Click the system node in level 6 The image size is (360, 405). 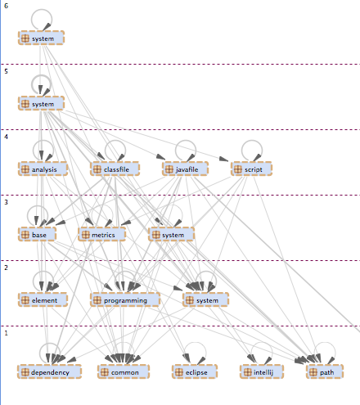tap(41, 38)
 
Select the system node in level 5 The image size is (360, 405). tap(41, 103)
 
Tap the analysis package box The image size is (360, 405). tap(43, 169)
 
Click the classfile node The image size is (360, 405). tap(115, 169)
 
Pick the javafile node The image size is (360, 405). tap(186, 169)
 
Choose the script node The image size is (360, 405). tap(251, 169)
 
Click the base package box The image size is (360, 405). tap(37, 234)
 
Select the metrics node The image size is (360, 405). tap(102, 234)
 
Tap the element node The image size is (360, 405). tap(43, 299)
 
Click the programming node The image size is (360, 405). tap(125, 299)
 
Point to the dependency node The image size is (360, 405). tap(49, 371)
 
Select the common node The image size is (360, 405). tap(124, 371)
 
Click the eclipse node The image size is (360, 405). tap(195, 371)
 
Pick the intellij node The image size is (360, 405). tap(262, 371)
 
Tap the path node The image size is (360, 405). tap(325, 371)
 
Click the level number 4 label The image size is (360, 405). tap(6, 137)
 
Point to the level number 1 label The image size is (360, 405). tap(6, 333)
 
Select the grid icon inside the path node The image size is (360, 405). tap(313, 372)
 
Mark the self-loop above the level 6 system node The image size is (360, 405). tap(42, 10)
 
